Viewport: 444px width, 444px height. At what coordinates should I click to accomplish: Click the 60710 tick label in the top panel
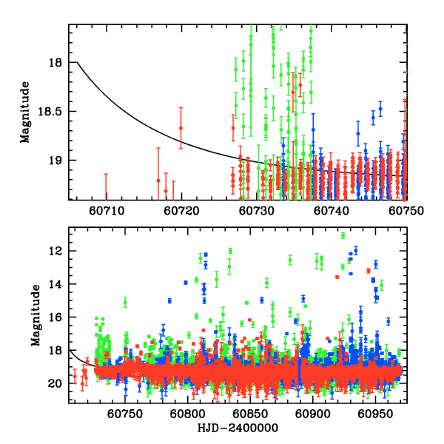(106, 211)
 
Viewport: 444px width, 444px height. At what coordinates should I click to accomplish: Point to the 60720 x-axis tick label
(181, 211)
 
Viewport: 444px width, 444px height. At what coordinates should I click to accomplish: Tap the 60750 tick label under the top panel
(406, 211)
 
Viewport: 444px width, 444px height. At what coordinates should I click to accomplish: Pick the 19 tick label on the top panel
(55, 161)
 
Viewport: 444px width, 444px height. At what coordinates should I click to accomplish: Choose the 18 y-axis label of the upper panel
(55, 63)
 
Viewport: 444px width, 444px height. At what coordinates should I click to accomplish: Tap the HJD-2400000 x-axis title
(238, 428)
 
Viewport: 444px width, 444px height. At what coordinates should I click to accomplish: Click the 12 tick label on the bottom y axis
(55, 252)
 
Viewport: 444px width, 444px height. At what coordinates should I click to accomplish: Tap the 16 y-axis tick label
(55, 317)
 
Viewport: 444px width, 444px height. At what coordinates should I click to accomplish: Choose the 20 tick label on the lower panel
(55, 383)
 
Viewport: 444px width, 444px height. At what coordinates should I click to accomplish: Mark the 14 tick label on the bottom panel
(55, 285)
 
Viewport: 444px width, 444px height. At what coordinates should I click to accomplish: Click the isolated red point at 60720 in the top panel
(181, 128)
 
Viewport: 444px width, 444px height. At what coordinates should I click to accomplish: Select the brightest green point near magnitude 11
(343, 235)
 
